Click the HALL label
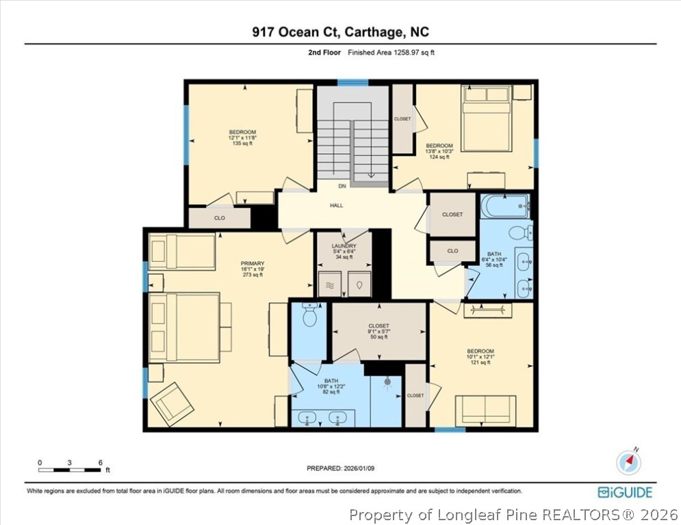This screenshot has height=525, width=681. pyautogui.click(x=336, y=205)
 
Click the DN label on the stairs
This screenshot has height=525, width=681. pyautogui.click(x=342, y=186)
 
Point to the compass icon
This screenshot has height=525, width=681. pyautogui.click(x=628, y=463)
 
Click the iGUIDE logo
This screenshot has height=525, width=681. pyautogui.click(x=624, y=492)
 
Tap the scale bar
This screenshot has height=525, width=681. pyautogui.click(x=70, y=470)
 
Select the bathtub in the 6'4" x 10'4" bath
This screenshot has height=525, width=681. pyautogui.click(x=504, y=206)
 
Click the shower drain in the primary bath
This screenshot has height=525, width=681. pyautogui.click(x=388, y=383)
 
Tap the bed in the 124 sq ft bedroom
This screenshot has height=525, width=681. pyautogui.click(x=486, y=118)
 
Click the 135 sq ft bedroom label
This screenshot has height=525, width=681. pyautogui.click(x=242, y=137)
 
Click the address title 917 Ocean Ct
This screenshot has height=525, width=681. pyautogui.click(x=340, y=32)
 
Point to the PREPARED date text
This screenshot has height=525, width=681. pyautogui.click(x=339, y=468)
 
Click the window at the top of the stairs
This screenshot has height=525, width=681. pyautogui.click(x=352, y=83)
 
